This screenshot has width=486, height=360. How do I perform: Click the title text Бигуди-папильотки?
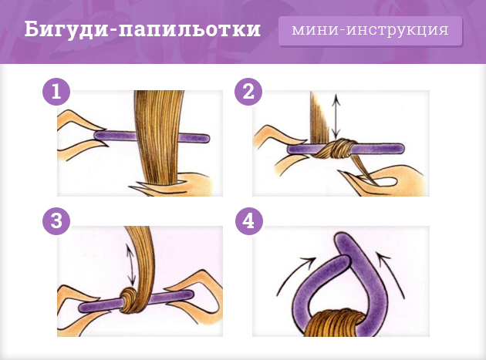pyautogui.click(x=142, y=31)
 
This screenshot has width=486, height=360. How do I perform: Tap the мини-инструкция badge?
pyautogui.click(x=370, y=31)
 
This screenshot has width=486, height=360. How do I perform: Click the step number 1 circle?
pyautogui.click(x=56, y=93)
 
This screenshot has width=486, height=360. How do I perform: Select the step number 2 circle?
pyautogui.click(x=248, y=93)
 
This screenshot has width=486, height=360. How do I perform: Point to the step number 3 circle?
pyautogui.click(x=56, y=220)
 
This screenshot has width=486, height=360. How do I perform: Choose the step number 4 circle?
pyautogui.click(x=248, y=220)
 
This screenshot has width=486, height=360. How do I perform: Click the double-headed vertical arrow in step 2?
pyautogui.click(x=336, y=116)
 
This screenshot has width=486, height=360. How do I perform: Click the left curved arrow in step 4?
pyautogui.click(x=293, y=274)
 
